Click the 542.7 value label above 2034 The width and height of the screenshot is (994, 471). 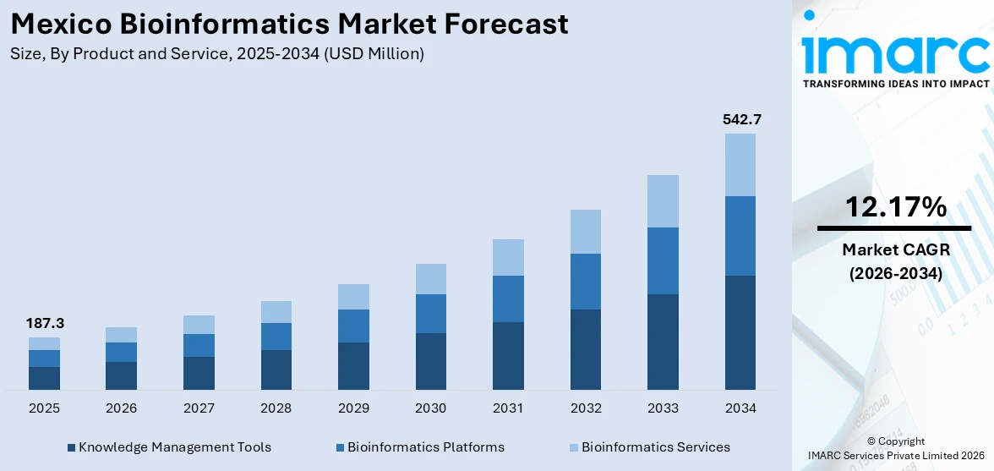point(740,120)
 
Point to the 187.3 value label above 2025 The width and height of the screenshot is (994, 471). point(44,324)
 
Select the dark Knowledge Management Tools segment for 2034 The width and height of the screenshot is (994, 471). point(740,332)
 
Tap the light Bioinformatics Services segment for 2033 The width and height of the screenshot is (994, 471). point(663,201)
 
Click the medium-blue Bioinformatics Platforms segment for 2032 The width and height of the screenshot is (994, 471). point(586,282)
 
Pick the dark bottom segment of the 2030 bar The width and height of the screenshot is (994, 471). point(430,361)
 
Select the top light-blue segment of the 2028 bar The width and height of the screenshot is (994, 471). point(276,312)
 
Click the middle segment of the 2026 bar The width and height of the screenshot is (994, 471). point(122,352)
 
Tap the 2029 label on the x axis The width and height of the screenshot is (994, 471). point(353,408)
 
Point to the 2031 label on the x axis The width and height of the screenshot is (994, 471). point(508,408)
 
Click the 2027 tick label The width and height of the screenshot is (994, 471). point(199,408)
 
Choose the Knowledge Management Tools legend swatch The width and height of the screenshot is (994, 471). point(72,447)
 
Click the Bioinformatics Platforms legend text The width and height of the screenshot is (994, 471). point(425,447)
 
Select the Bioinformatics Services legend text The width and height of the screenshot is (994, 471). point(655,447)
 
